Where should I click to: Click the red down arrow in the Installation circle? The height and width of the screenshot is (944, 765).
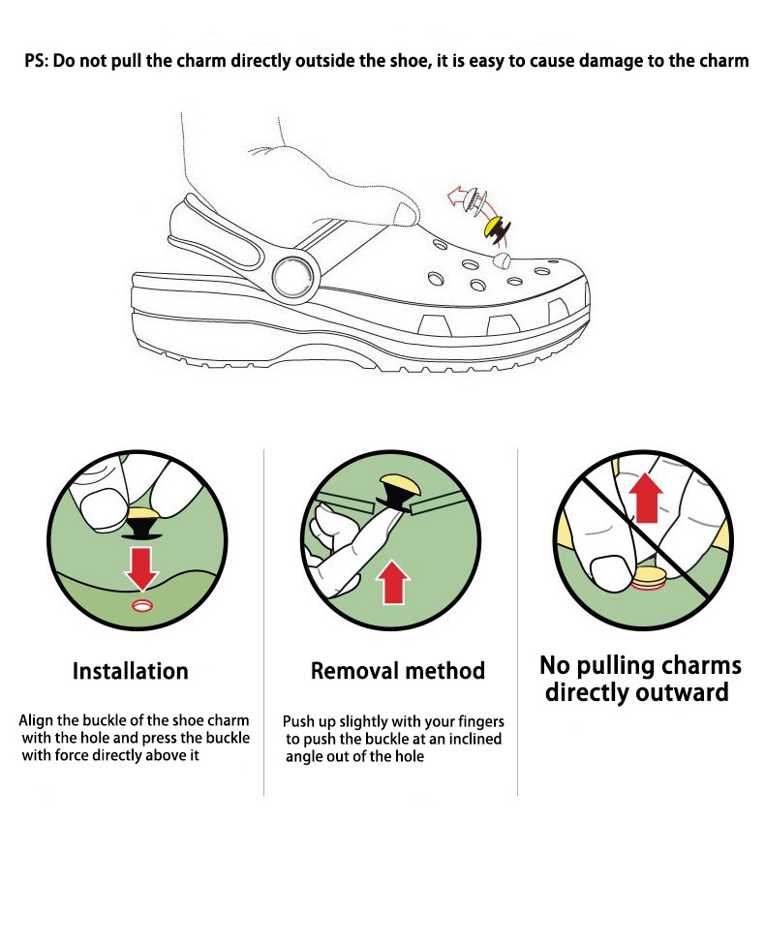[x=141, y=567]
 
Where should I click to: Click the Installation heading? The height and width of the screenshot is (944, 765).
[x=131, y=671]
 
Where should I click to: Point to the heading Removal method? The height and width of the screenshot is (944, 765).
[x=397, y=671]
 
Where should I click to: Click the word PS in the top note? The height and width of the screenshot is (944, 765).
[x=36, y=60]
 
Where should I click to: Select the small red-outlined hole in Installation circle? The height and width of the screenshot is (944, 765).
[x=142, y=605]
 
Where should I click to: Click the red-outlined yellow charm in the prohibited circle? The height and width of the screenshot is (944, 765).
[x=649, y=580]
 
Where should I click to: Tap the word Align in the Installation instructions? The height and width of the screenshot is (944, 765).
[x=37, y=721]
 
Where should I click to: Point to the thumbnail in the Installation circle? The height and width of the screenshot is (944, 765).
[x=97, y=505]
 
